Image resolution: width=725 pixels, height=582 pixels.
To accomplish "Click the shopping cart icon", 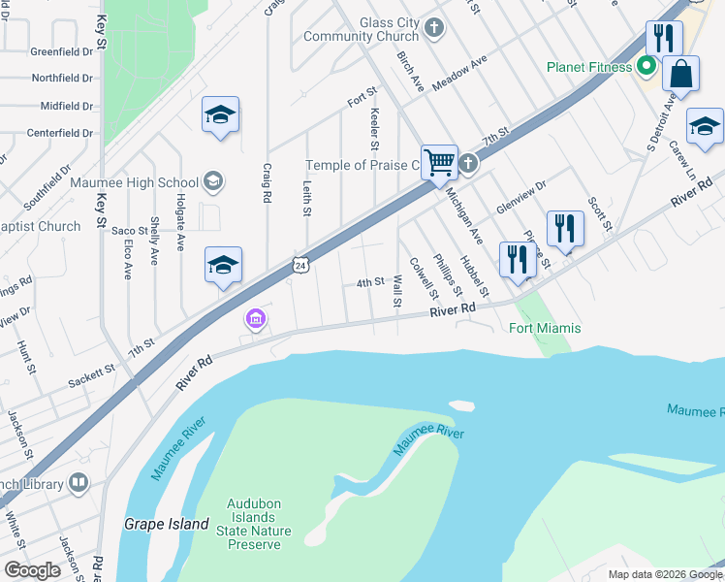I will coord(439,162).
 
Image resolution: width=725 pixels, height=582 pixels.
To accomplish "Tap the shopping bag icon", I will coord(681,74).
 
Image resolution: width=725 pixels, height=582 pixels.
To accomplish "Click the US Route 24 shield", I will coord(300,264).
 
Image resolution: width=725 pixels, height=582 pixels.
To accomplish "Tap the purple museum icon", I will coord(255,318).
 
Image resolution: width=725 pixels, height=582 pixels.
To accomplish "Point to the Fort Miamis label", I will coord(545,328).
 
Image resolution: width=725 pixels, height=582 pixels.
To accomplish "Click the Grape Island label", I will coord(166,524).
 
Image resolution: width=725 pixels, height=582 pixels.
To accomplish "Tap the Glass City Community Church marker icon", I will coord(434,28).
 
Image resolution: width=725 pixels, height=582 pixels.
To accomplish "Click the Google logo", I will coord(31,570).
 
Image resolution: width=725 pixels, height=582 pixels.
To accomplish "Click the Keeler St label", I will coord(374,129).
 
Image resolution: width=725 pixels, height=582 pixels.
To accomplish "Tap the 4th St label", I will coord(370,282).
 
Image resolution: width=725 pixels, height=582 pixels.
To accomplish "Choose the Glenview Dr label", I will coord(521,197).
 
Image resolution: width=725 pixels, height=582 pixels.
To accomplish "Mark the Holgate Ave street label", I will coord(180,229).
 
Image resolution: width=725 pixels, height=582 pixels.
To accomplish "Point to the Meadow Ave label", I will coord(458,74).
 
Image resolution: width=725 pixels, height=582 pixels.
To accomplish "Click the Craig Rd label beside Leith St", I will coord(266,182).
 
